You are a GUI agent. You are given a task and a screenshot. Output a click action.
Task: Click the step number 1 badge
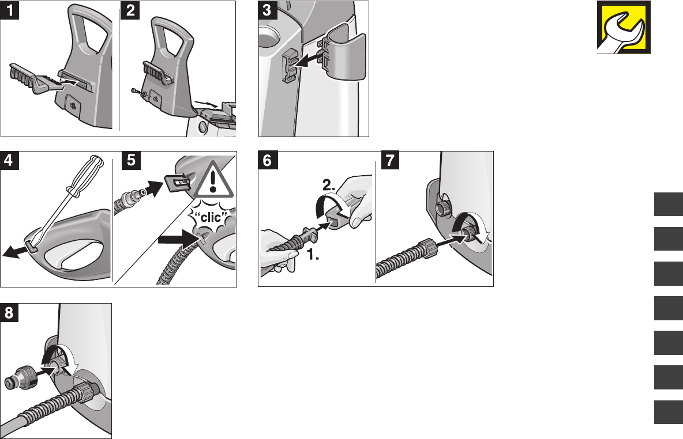[10, 10]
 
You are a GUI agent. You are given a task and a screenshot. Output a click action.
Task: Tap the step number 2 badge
[130, 10]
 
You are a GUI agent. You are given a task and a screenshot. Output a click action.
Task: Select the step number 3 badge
[268, 10]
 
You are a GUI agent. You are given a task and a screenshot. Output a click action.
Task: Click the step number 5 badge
[132, 161]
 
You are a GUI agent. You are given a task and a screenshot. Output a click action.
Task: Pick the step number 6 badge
[268, 161]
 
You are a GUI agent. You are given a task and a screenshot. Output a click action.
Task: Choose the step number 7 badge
[391, 161]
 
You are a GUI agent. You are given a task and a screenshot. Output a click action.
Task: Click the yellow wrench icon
[624, 28]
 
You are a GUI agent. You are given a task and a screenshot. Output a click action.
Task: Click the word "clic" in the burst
[211, 217]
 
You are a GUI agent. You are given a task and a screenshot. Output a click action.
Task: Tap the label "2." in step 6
[329, 186]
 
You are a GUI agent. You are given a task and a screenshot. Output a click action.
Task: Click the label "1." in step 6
[313, 255]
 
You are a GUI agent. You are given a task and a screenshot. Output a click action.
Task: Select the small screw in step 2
[136, 91]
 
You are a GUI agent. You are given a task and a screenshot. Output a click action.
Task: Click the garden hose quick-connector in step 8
[21, 377]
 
